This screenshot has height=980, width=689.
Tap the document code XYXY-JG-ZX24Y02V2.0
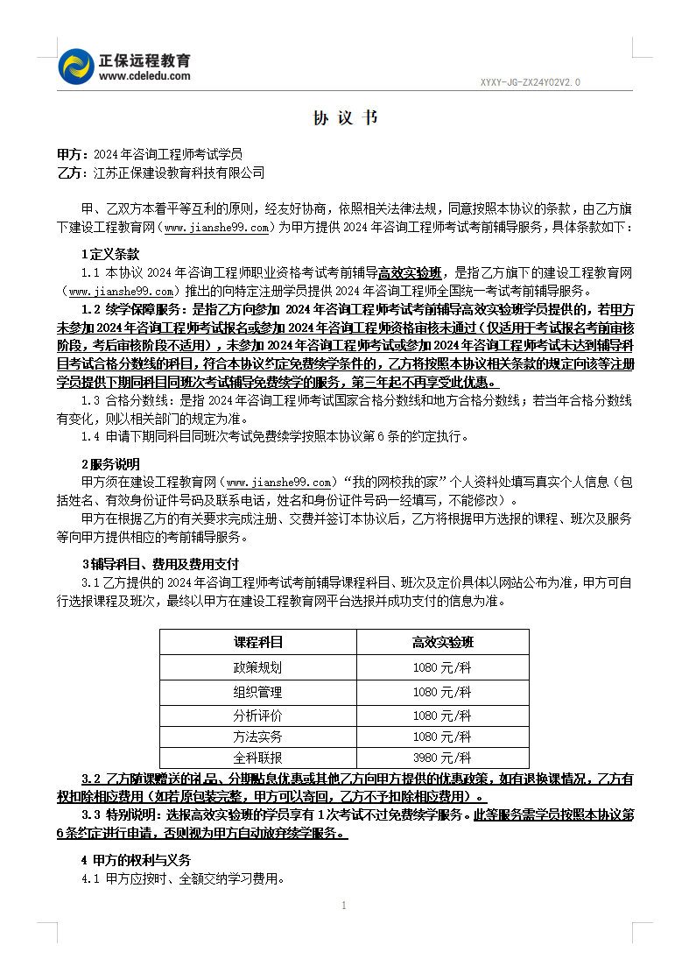point(530,82)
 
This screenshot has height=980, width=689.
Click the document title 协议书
point(345,118)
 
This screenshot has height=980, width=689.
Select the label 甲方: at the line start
point(71,153)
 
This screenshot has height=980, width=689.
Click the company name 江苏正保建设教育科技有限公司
point(179,173)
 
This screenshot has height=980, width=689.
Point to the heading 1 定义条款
point(110,253)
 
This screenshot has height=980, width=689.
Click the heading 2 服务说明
point(110,464)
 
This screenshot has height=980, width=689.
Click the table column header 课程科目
point(258,642)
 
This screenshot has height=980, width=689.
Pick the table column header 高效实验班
point(442,642)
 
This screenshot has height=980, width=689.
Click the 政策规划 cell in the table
point(258,667)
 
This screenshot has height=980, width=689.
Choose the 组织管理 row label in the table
point(258,692)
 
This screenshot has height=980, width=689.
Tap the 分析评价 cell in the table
point(258,715)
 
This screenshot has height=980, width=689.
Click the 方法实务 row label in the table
point(258,737)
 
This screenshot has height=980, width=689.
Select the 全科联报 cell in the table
point(258,758)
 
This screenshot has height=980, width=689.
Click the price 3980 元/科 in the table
point(442,758)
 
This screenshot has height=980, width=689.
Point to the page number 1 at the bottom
point(344,905)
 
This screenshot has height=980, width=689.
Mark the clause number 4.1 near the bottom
point(91,878)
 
